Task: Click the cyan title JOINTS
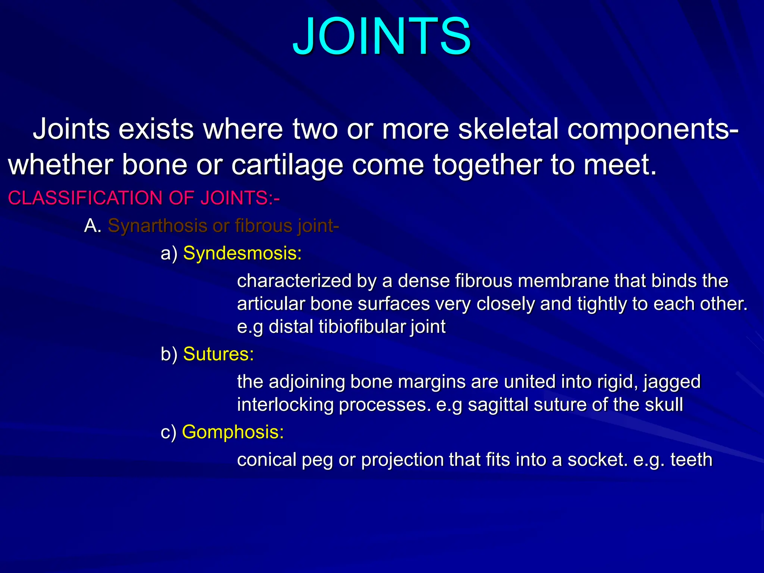381,37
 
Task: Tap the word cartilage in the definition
286,165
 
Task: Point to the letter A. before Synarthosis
93,226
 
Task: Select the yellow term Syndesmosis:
242,253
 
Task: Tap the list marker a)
169,254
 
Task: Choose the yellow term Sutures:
218,354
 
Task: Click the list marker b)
169,354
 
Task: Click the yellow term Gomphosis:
233,432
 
